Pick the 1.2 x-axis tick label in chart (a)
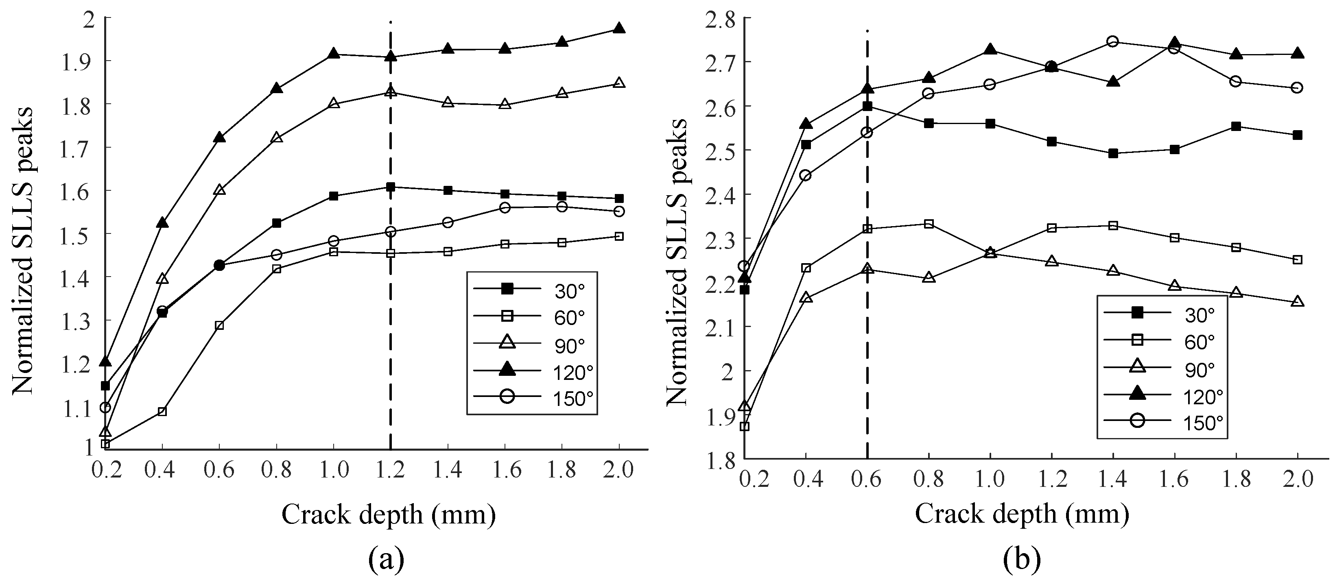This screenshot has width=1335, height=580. (390, 470)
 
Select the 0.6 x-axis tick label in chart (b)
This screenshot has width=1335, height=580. (867, 479)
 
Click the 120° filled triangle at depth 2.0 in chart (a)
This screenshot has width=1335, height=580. (619, 29)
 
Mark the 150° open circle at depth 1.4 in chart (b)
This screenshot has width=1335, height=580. (1113, 41)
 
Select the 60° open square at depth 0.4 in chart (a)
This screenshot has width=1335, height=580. (162, 412)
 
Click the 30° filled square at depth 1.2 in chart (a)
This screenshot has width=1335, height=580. (390, 187)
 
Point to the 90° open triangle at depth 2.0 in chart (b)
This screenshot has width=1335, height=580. (1297, 302)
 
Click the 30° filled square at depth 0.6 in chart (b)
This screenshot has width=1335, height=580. (867, 107)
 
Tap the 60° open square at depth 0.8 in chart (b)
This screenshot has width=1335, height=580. (929, 224)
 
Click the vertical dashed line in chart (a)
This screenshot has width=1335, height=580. (390, 311)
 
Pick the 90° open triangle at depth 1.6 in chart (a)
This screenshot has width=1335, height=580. (505, 104)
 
